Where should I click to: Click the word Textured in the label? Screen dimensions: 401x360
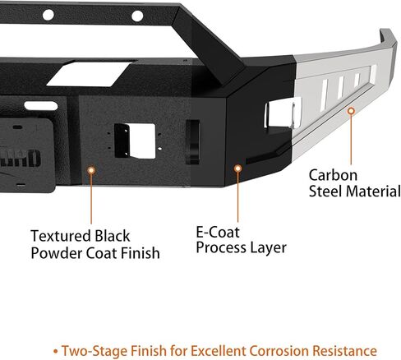[60, 236]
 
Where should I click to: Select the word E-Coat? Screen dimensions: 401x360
[218, 233]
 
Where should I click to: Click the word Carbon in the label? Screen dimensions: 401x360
[333, 175]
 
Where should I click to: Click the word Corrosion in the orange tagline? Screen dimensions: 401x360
[279, 351]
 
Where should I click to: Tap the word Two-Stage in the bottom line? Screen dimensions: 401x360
[94, 351]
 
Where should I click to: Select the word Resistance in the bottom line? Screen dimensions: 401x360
[344, 351]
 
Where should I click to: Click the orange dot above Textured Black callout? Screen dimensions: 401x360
[91, 170]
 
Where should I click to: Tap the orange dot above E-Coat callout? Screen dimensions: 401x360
[237, 168]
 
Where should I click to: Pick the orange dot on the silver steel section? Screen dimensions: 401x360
[351, 111]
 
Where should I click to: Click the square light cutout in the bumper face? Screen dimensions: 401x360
[135, 141]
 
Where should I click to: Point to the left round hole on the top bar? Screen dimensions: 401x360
[48, 15]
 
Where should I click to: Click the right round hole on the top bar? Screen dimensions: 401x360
[137, 16]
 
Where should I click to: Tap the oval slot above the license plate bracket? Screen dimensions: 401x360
[41, 106]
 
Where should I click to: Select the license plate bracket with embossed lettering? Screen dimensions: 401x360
[26, 155]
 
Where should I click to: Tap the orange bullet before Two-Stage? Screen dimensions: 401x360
[56, 351]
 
